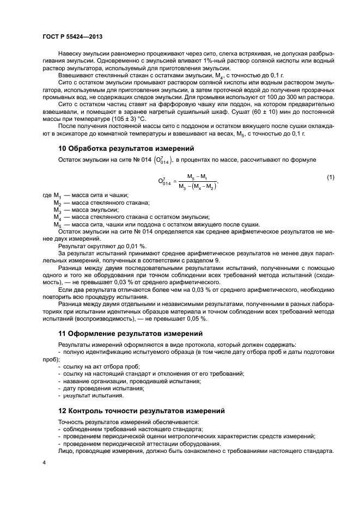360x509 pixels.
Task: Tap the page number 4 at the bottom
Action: pyautogui.click(x=44, y=462)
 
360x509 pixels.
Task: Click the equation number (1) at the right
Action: pyautogui.click(x=331, y=178)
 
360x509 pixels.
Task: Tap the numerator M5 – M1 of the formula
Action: pyautogui.click(x=197, y=176)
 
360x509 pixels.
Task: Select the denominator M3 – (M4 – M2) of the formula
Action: pyautogui.click(x=197, y=187)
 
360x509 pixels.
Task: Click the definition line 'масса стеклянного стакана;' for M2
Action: pyautogui.click(x=99, y=203)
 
